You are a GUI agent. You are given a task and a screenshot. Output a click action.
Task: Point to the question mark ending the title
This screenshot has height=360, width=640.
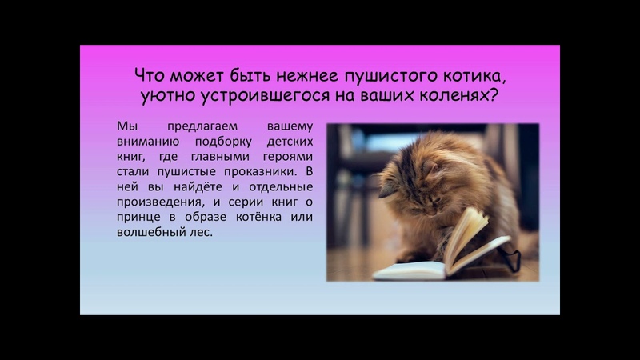pyautogui.click(x=494, y=95)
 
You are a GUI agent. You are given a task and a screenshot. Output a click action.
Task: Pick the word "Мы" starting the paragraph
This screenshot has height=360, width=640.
pyautogui.click(x=127, y=126)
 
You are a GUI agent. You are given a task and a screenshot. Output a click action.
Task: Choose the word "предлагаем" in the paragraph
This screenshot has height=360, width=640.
pyautogui.click(x=202, y=126)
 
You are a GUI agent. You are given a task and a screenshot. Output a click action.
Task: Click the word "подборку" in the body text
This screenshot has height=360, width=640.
pyautogui.click(x=223, y=142)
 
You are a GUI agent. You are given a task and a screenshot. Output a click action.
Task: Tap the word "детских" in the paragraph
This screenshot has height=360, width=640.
pyautogui.click(x=290, y=142)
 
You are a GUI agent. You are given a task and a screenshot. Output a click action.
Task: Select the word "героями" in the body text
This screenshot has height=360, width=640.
pyautogui.click(x=288, y=157)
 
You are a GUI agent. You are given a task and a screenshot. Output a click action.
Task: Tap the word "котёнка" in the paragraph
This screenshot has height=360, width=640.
pyautogui.click(x=258, y=217)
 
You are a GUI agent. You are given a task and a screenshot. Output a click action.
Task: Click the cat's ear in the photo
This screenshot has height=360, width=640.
pyautogui.click(x=387, y=188)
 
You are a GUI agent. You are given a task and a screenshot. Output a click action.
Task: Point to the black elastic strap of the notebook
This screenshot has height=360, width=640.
pyautogui.click(x=511, y=256)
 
